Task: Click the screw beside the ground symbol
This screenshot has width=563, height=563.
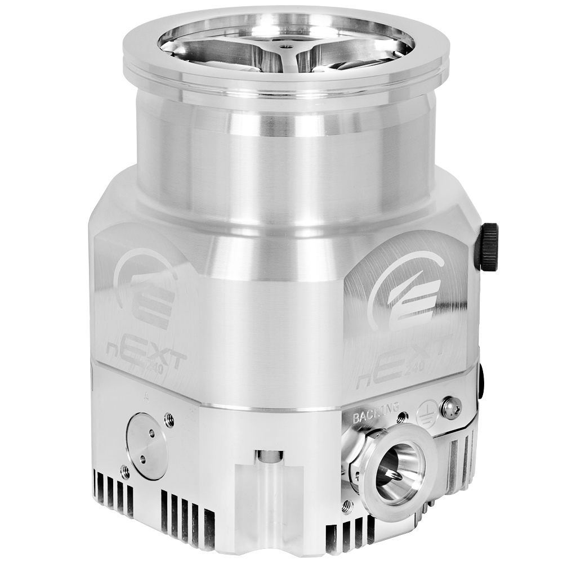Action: [x=451, y=407]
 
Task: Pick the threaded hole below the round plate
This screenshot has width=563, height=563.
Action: [x=125, y=472]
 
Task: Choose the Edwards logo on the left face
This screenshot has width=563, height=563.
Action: [x=144, y=291]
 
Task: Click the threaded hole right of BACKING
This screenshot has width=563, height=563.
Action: [x=402, y=417]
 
